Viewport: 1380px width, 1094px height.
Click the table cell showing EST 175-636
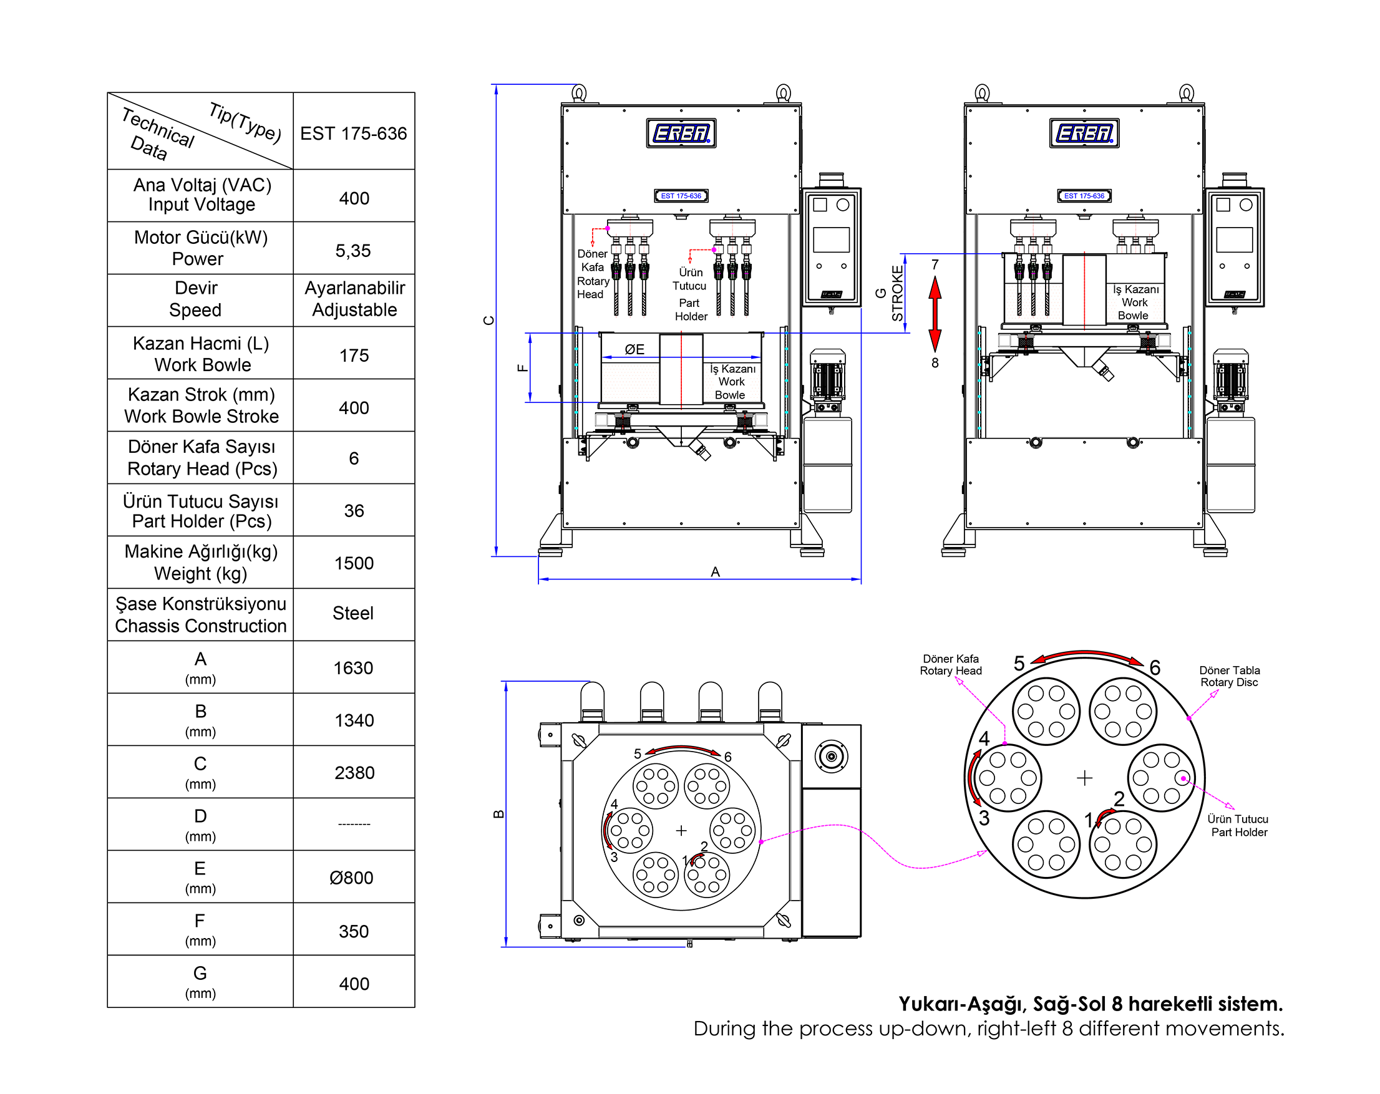pyautogui.click(x=353, y=133)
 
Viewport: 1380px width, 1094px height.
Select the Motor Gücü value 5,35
pyautogui.click(x=353, y=251)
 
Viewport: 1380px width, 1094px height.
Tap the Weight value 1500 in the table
pyautogui.click(x=353, y=563)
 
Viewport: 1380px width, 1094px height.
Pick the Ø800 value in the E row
pyautogui.click(x=351, y=878)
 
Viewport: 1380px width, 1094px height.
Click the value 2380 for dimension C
pyautogui.click(x=354, y=773)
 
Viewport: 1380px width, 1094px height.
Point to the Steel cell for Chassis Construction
pyautogui.click(x=352, y=614)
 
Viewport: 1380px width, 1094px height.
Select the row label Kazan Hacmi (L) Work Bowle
pyautogui.click(x=201, y=354)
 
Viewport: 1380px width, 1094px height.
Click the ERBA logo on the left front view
pyautogui.click(x=681, y=133)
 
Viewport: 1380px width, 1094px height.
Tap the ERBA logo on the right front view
pyautogui.click(x=1084, y=133)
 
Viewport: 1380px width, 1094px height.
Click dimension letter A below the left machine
pyautogui.click(x=716, y=572)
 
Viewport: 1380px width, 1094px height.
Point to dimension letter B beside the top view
pyautogui.click(x=498, y=815)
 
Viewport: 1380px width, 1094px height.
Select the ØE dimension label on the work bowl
pyautogui.click(x=634, y=349)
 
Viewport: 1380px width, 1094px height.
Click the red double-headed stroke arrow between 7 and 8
pyautogui.click(x=935, y=314)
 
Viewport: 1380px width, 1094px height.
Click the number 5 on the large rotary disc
pyautogui.click(x=1019, y=664)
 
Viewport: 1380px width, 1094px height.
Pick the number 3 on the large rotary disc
pyautogui.click(x=984, y=818)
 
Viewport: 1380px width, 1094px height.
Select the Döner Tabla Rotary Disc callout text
pyautogui.click(x=1229, y=676)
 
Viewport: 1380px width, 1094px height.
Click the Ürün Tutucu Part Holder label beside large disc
pyautogui.click(x=1238, y=825)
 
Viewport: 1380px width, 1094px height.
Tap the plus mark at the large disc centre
pyautogui.click(x=1084, y=778)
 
